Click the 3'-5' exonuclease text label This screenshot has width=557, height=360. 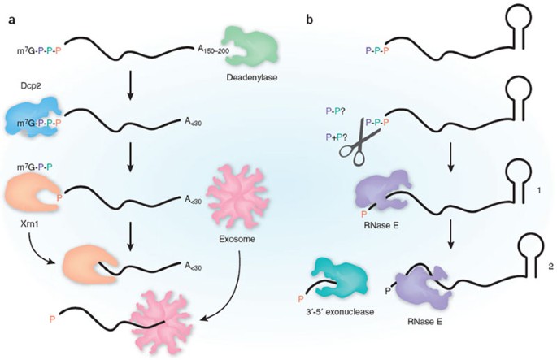pyautogui.click(x=352, y=311)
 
